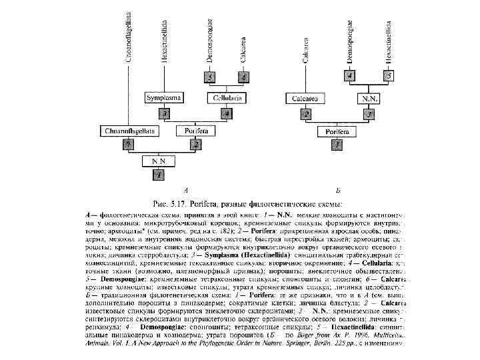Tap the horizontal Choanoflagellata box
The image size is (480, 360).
[x=129, y=131]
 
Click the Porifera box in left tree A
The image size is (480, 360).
[x=195, y=131]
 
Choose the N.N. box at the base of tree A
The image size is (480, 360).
[x=158, y=161]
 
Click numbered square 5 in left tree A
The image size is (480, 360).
[x=210, y=78]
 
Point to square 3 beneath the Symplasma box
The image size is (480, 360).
[x=163, y=114]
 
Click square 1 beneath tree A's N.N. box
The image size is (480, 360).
[x=157, y=175]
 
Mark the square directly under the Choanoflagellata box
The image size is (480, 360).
[x=126, y=145]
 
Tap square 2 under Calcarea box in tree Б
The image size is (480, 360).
[x=306, y=115]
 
